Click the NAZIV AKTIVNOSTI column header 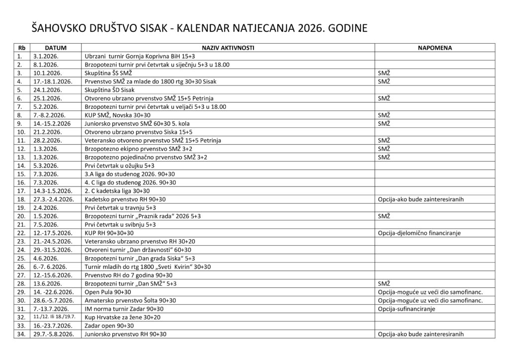228,48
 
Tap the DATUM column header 55,48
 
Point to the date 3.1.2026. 46,56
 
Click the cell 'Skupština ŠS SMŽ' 110,73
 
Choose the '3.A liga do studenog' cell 131,174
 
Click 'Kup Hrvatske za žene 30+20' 123,317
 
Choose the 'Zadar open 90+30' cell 109,326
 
